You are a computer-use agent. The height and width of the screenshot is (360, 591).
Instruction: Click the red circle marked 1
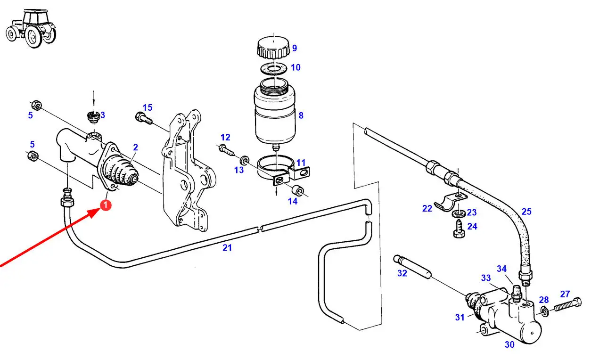point(106,205)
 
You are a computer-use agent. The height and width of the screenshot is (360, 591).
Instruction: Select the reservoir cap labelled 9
point(273,48)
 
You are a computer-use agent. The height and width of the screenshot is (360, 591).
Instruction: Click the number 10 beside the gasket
point(295,67)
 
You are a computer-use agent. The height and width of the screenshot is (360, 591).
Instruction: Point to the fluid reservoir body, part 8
point(275,113)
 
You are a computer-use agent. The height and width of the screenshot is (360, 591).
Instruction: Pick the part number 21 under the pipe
point(227,247)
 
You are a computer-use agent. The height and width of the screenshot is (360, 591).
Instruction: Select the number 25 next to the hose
point(526,212)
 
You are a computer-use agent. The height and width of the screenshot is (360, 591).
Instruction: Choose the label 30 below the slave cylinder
point(509,344)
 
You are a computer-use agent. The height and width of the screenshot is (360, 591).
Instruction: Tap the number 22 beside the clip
point(427,208)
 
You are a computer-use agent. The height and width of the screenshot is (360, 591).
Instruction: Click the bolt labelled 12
point(226,151)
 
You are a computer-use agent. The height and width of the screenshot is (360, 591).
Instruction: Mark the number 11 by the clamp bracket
point(301,163)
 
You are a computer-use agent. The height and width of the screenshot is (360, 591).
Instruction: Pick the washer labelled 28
point(544,311)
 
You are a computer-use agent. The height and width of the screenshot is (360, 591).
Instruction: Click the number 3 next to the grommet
point(102,115)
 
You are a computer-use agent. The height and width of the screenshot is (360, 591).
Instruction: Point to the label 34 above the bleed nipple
point(501,269)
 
